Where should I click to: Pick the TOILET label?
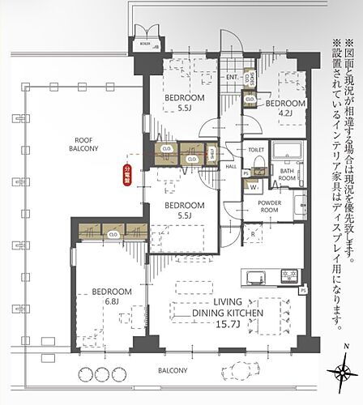pyautogui.click(x=256, y=151)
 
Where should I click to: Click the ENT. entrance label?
pyautogui.click(x=232, y=78)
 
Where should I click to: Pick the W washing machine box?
pyautogui.click(x=255, y=185)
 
